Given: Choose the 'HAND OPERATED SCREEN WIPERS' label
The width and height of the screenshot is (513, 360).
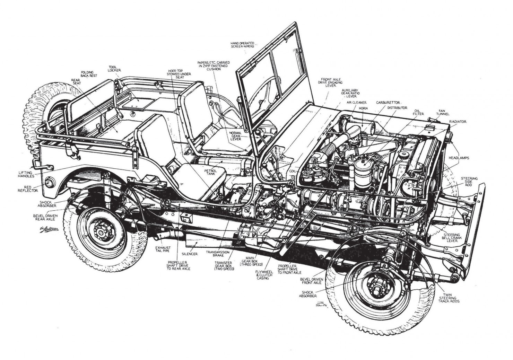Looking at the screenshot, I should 243,45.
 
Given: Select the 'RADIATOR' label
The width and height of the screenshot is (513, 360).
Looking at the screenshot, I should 458,122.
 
